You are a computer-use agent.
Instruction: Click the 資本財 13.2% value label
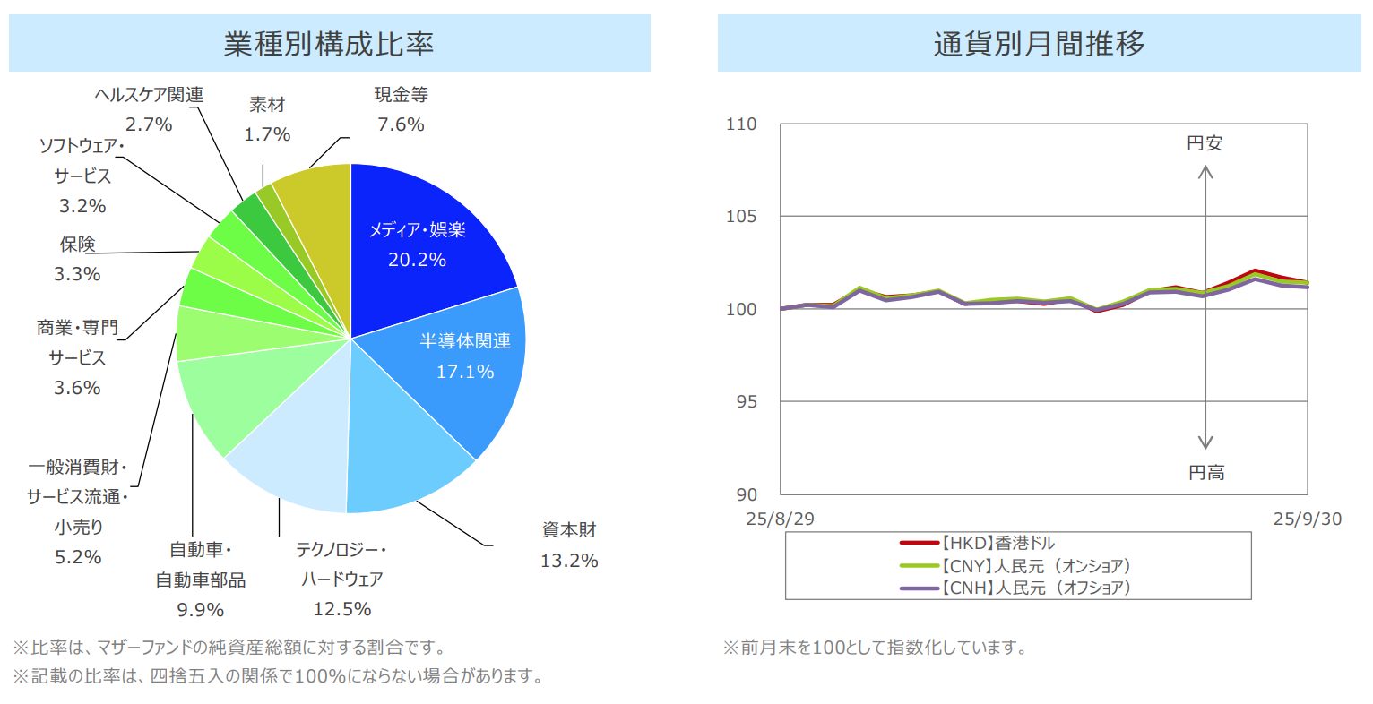(x=569, y=561)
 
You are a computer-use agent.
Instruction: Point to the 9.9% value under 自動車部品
(x=201, y=610)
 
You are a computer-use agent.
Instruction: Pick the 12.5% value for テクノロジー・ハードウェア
(x=342, y=609)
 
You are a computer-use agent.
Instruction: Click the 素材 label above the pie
(x=267, y=105)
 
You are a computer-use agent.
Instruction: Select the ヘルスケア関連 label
(x=150, y=95)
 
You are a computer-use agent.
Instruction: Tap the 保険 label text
(x=78, y=245)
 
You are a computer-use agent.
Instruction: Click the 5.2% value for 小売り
(x=78, y=557)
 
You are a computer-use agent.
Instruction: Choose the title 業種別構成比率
(x=329, y=43)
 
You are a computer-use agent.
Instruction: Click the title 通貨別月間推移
(x=1040, y=43)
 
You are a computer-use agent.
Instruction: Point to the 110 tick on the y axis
(x=741, y=124)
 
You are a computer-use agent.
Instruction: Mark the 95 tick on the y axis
(x=747, y=401)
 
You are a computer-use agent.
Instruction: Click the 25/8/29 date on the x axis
(x=781, y=519)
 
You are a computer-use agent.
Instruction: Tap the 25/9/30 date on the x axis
(x=1308, y=519)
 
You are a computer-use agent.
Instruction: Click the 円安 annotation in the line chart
(x=1205, y=143)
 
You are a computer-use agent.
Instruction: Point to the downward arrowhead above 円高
(x=1205, y=442)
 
